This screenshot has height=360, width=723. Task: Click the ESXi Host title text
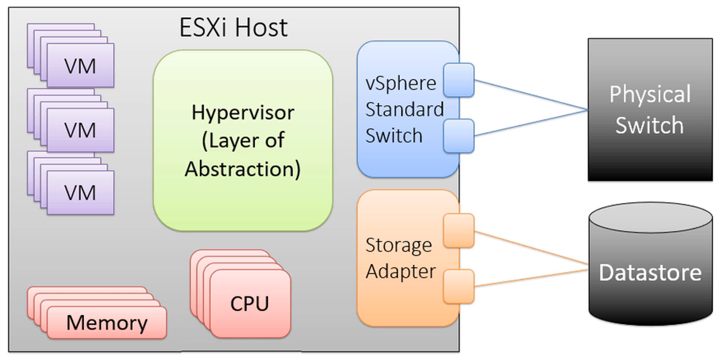point(233,28)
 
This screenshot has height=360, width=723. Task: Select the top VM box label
point(80,66)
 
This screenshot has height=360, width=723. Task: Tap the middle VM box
point(80,130)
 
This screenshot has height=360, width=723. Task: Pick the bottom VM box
point(80,193)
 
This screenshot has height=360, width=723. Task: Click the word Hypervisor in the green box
point(243,112)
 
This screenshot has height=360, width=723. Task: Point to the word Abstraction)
point(243,169)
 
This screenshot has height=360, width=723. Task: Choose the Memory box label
point(107,323)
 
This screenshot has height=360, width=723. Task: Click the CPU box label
point(250,303)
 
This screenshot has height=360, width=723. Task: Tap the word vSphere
point(401,83)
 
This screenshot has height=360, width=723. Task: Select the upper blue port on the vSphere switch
point(458,80)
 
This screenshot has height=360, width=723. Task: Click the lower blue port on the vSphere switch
point(458,136)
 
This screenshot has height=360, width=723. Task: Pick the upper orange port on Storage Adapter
point(458,230)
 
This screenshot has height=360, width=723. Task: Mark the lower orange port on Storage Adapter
point(458,286)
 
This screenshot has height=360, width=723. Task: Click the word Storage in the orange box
point(398,245)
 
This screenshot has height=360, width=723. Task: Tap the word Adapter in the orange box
point(401,271)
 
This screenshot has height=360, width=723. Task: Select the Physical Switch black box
point(650,110)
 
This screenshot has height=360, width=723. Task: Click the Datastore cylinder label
point(650,272)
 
